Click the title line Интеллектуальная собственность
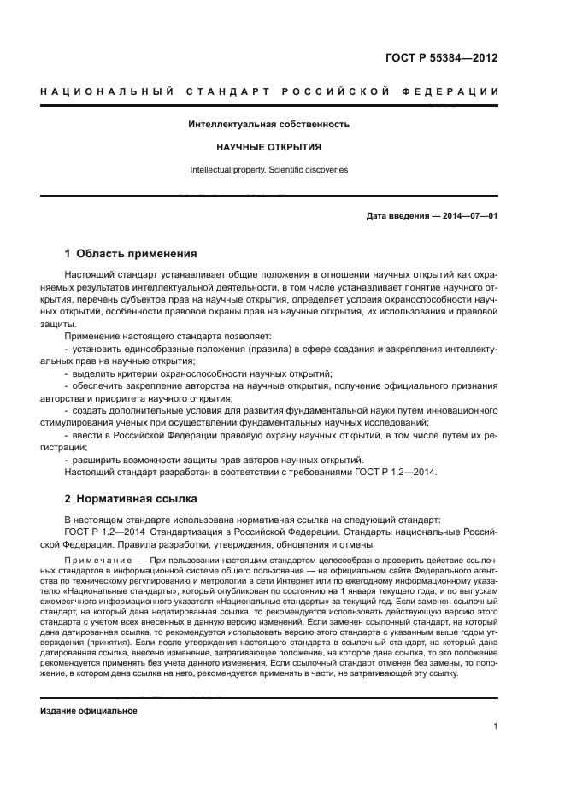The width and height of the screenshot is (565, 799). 269,124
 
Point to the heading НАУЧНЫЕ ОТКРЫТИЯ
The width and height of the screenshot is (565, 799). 268,147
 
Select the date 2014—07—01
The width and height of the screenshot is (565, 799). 468,215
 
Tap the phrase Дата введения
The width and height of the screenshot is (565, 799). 399,215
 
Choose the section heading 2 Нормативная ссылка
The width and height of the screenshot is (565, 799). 131,497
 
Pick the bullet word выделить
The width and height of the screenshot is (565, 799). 93,373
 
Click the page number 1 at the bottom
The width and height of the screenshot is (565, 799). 495,726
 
